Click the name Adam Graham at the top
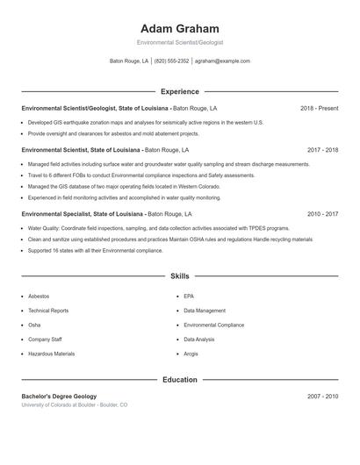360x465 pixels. (x=180, y=28)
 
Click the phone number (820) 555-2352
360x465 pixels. (x=172, y=61)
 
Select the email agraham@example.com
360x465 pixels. (x=222, y=61)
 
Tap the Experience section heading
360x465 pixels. (x=180, y=91)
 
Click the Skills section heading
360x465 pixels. (x=180, y=275)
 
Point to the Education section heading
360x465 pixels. (x=180, y=380)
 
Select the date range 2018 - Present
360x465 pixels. (x=319, y=108)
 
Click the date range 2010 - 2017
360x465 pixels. (x=322, y=213)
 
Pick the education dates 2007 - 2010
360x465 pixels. (x=322, y=397)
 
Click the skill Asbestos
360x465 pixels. (x=39, y=297)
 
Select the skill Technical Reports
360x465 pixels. (x=48, y=311)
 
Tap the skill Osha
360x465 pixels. (x=34, y=325)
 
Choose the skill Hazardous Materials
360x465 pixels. (x=51, y=354)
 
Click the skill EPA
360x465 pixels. (x=189, y=297)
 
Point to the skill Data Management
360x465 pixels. (x=205, y=311)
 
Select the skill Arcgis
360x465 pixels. (x=191, y=354)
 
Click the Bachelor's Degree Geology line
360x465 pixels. (x=59, y=397)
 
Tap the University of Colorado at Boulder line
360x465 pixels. (x=75, y=405)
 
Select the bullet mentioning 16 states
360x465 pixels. (x=95, y=250)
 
